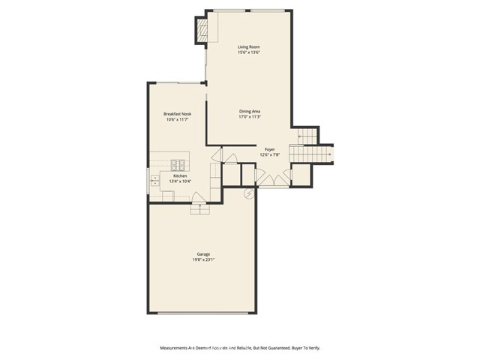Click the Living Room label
point(248,46)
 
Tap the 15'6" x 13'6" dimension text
point(248,52)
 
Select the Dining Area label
point(249,111)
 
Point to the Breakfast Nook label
point(175,113)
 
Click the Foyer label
point(269,149)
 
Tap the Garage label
point(204,254)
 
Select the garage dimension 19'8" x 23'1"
point(204,260)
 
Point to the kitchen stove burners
point(178,165)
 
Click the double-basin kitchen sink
point(155,180)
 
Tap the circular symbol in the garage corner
point(249,193)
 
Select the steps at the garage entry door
point(200,209)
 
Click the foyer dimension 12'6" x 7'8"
point(269,155)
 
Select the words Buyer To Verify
point(304,348)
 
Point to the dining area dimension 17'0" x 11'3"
point(249,117)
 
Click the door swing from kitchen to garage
point(200,198)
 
